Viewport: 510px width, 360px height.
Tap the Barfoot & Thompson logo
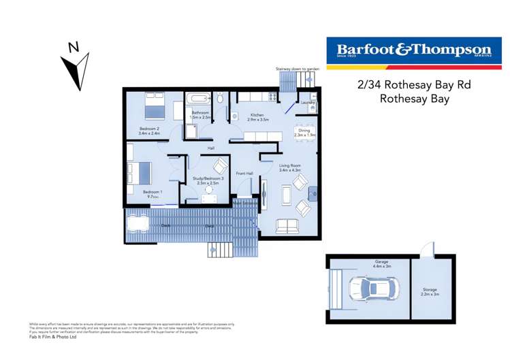click(413, 52)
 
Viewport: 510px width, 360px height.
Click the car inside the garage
click(368, 289)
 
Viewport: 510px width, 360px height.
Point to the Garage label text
click(381, 263)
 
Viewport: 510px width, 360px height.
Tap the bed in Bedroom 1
click(140, 172)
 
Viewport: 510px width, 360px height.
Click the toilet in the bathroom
click(221, 99)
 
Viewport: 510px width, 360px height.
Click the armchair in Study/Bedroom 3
click(221, 165)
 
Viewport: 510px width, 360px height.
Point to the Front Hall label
click(244, 174)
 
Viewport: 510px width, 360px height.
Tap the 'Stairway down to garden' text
click(298, 69)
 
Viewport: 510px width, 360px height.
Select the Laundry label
click(307, 103)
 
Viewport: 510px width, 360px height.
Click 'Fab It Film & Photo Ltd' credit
click(52, 337)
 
